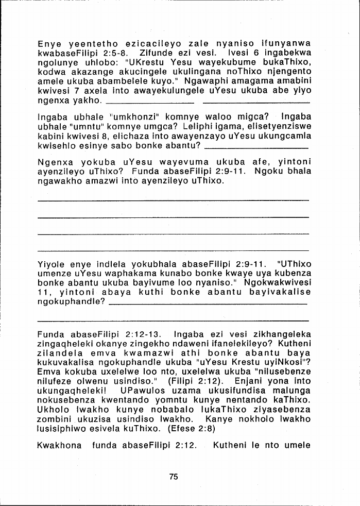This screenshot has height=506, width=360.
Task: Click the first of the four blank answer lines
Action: (x=174, y=200)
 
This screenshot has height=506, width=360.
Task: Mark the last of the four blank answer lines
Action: (x=174, y=251)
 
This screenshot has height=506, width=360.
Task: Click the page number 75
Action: (x=174, y=477)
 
